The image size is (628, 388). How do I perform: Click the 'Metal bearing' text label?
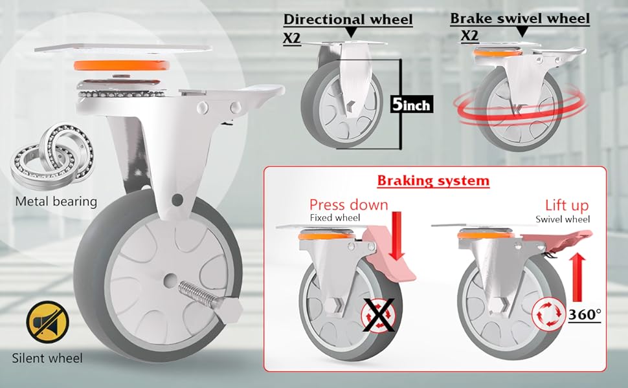[56, 201]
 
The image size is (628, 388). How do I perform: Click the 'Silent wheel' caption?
[47, 357]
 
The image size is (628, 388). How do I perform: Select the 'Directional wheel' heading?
[348, 20]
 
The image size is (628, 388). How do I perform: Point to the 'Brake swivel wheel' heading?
[520, 19]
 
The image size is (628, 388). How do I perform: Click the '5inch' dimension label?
[411, 104]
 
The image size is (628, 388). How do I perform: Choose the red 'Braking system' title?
[433, 180]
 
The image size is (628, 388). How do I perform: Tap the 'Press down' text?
[348, 205]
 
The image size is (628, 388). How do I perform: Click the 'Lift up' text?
[566, 206]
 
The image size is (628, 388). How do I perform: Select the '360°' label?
[585, 315]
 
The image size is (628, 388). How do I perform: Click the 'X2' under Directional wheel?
[293, 38]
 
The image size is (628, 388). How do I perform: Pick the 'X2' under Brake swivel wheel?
[469, 36]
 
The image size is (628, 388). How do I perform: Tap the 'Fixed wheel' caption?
[335, 219]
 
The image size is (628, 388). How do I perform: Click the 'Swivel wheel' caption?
[563, 219]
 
